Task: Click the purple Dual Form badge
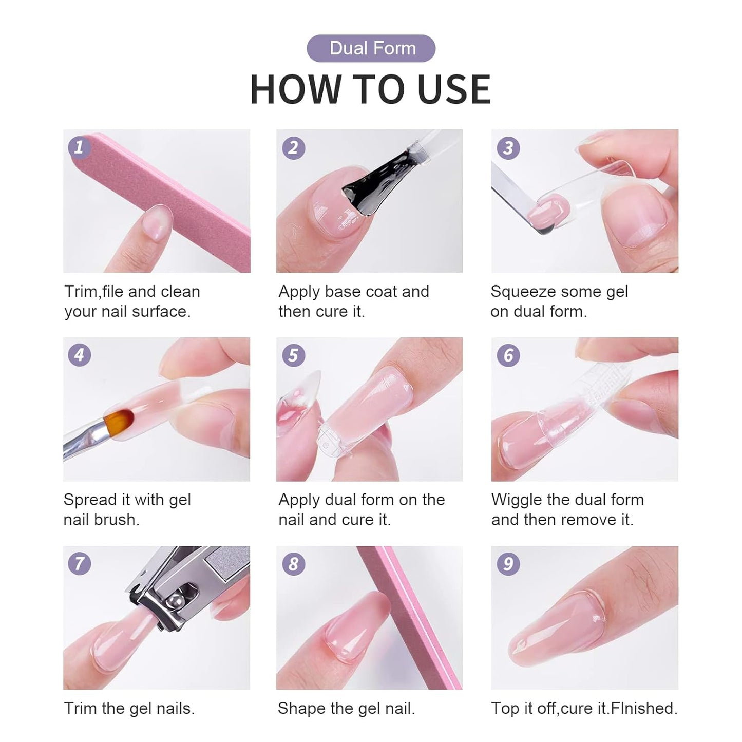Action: pos(371,48)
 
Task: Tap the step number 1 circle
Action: pos(79,148)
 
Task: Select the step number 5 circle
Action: pos(293,355)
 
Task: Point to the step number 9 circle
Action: pos(508,564)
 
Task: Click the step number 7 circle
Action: pos(79,564)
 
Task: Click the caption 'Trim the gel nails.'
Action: pos(129,708)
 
